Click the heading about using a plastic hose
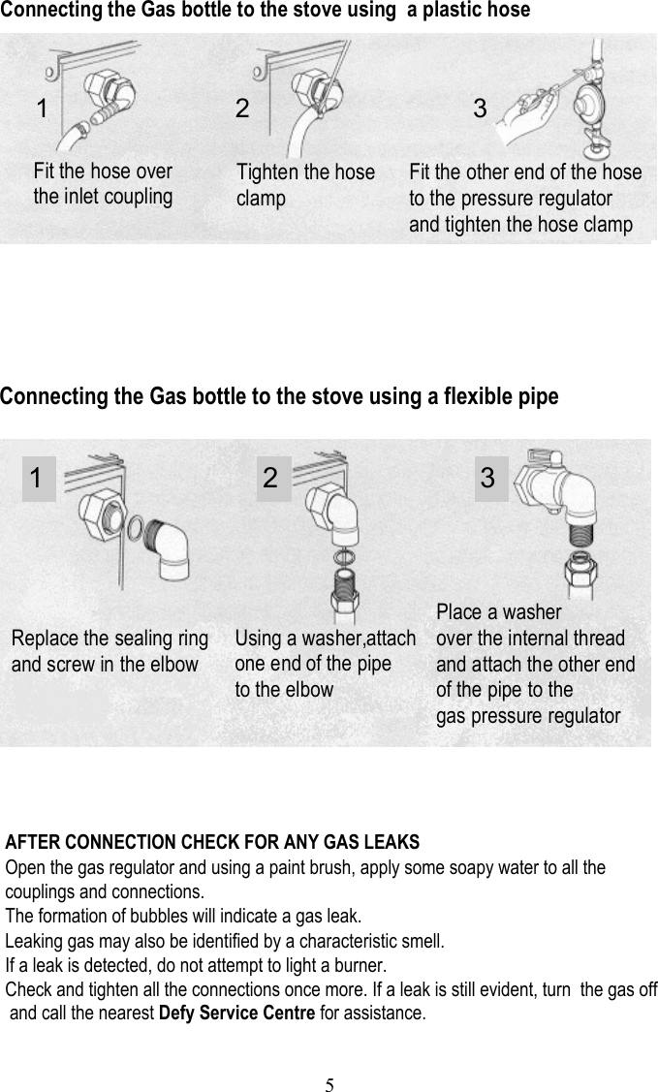point(265,11)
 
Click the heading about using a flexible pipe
point(279,397)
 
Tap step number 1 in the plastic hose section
point(42,109)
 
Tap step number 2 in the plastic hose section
point(242,109)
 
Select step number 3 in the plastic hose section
point(480,109)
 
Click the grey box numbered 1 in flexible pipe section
point(36,478)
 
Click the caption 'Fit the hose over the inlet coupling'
point(103,184)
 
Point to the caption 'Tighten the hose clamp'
point(305,185)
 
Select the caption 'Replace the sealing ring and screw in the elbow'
point(110,652)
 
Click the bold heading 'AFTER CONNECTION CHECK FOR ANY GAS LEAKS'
point(212,841)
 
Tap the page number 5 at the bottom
point(329,1083)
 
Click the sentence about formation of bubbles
point(184,916)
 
